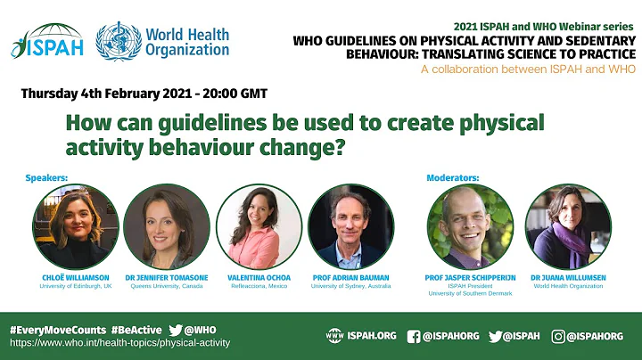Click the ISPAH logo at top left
(47, 41)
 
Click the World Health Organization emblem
(119, 41)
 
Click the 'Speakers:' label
(46, 177)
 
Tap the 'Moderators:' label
(454, 177)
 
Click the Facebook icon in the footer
(414, 336)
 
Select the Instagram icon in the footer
(558, 336)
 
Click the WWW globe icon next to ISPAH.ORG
(335, 336)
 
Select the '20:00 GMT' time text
(234, 93)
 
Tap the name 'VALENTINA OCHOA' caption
(259, 277)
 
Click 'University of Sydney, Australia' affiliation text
(350, 286)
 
